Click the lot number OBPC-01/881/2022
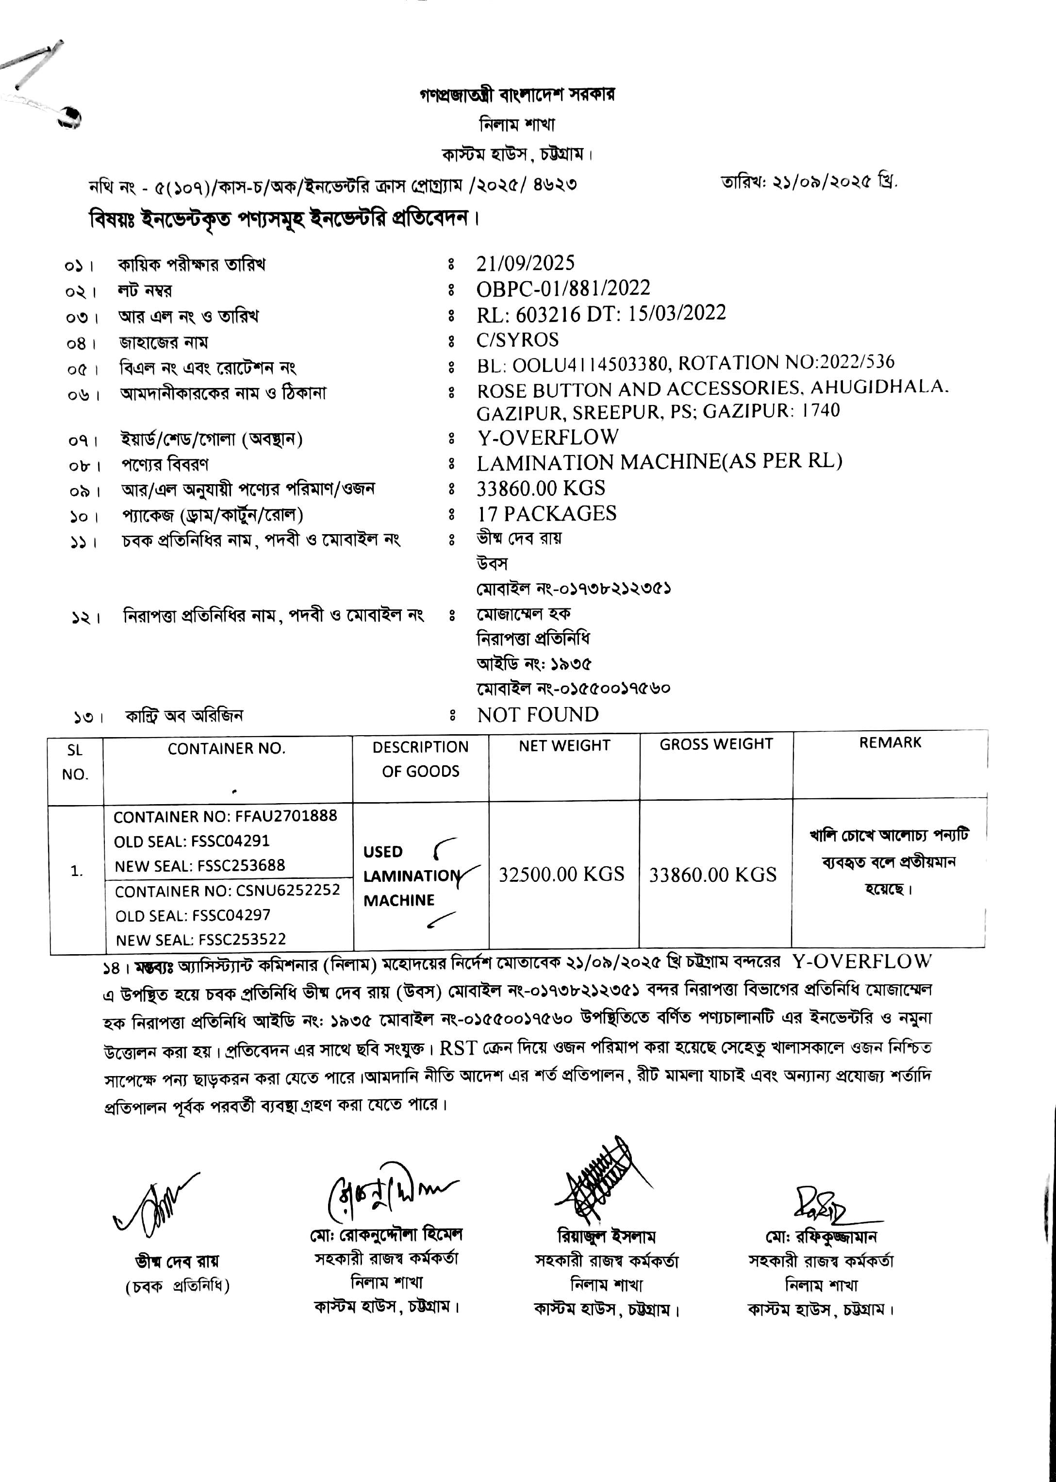point(563,288)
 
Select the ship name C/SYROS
point(518,339)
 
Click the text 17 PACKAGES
point(546,514)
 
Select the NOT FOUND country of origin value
point(538,715)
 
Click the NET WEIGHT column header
point(564,745)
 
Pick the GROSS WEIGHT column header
point(716,744)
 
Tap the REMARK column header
point(890,742)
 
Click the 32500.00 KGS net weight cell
point(561,874)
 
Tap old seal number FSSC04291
point(230,841)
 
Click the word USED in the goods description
point(383,852)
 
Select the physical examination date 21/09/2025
point(526,264)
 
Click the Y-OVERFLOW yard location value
point(547,437)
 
